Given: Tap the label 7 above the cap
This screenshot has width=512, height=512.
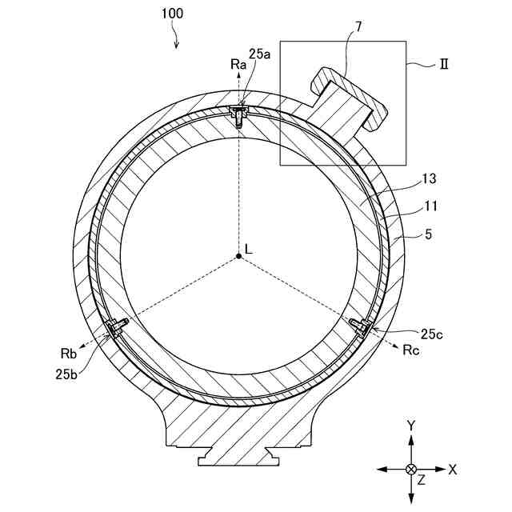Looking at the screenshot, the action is (x=358, y=26).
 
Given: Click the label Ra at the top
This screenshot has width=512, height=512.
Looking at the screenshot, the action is (x=237, y=64).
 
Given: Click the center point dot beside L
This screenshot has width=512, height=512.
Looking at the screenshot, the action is (x=238, y=255).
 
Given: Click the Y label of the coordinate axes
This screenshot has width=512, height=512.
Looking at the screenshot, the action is (x=410, y=426).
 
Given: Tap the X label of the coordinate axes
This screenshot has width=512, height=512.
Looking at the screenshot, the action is (x=453, y=470).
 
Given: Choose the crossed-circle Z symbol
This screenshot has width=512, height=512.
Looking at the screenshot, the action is (x=411, y=469).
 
